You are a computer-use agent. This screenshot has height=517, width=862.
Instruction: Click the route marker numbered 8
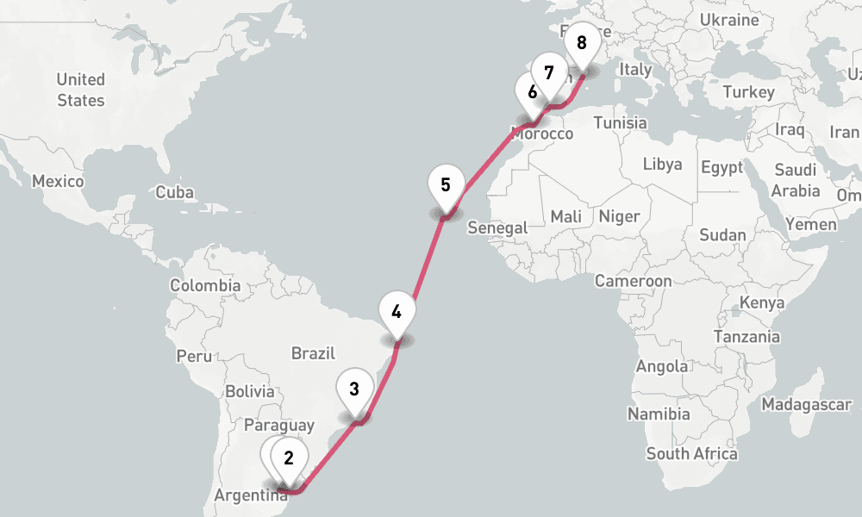582,42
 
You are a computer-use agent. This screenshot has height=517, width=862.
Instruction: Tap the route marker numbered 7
549,73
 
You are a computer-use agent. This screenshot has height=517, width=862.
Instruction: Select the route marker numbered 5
446,184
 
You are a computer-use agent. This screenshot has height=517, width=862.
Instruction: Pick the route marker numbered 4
397,312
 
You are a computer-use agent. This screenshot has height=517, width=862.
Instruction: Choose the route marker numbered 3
354,389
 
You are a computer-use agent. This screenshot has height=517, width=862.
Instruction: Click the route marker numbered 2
290,458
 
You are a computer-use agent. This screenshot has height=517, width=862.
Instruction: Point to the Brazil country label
312,353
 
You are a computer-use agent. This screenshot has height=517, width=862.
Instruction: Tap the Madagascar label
807,404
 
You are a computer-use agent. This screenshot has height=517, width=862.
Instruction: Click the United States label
81,90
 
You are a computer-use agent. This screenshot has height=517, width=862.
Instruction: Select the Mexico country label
58,182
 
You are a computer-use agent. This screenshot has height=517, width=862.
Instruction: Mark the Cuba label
174,193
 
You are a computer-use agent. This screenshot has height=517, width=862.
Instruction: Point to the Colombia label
205,285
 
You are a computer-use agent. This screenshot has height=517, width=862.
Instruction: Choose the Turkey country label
749,92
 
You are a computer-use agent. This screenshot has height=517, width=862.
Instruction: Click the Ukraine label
729,20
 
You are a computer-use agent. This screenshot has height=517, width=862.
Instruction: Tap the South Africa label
691,453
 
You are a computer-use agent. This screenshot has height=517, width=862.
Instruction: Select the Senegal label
497,227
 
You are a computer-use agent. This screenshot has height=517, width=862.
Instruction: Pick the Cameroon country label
633,281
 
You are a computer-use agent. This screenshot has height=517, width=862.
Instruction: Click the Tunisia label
620,122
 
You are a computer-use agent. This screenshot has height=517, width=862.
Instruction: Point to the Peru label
193,355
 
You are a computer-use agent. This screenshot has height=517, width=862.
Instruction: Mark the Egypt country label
721,167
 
